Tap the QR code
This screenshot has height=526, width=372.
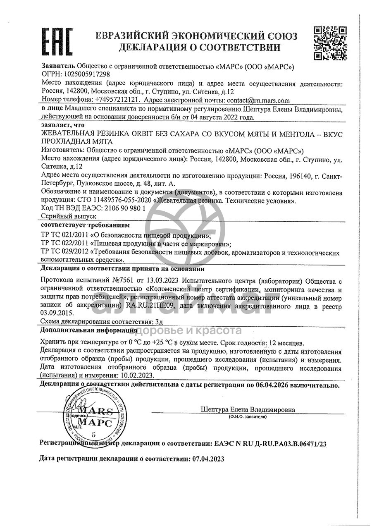[x=330, y=43]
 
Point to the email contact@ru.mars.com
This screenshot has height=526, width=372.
[x=258, y=100]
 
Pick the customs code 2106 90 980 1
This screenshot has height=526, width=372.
[x=124, y=208]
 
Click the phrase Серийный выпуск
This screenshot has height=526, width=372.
[x=69, y=216]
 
